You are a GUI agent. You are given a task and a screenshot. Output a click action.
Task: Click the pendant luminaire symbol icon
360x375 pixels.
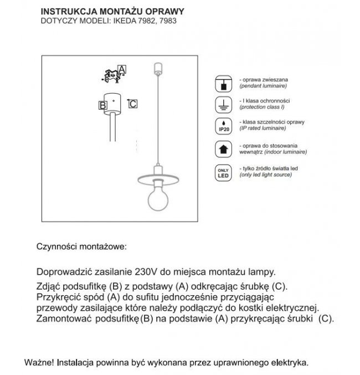(x=222, y=84)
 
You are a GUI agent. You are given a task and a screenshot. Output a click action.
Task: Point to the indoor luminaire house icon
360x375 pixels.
(x=222, y=148)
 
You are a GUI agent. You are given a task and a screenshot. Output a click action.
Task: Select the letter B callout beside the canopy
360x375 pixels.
(x=102, y=105)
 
